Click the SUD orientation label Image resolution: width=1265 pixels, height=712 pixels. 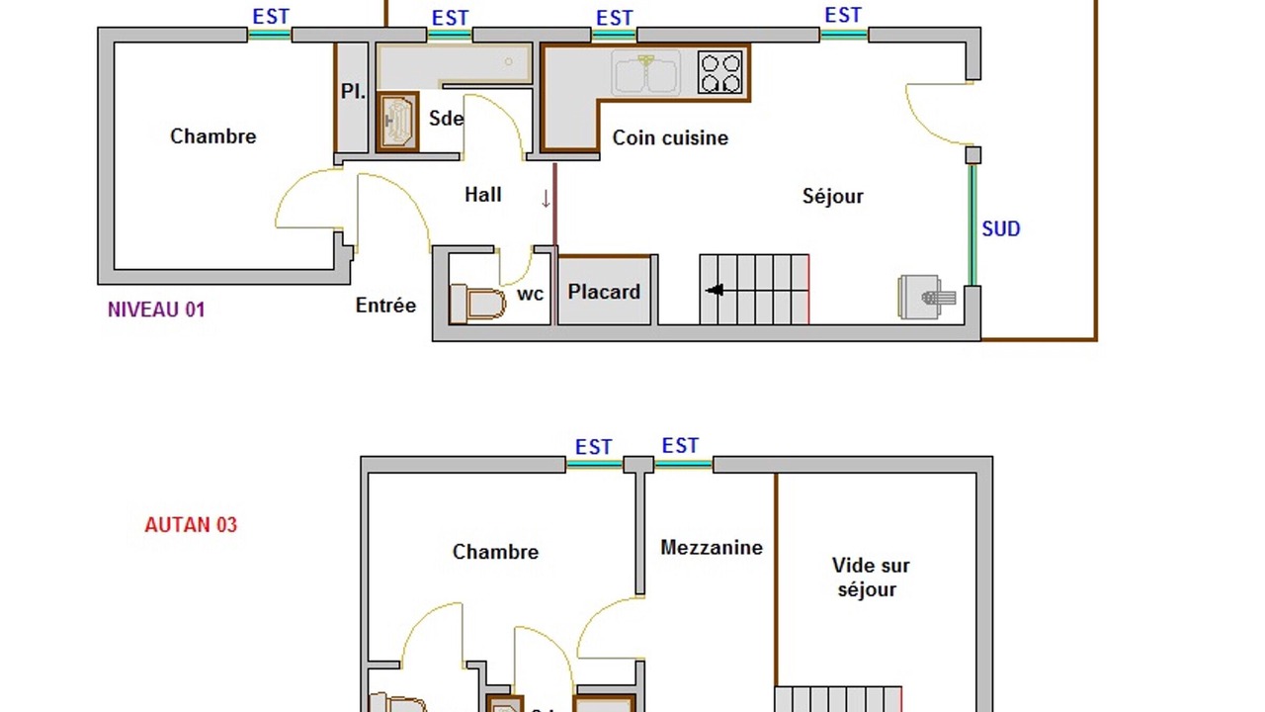click(1001, 228)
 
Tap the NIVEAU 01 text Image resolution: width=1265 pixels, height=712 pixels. click(156, 310)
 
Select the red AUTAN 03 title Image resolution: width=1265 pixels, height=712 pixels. click(191, 525)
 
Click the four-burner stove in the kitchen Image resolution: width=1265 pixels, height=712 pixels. click(720, 72)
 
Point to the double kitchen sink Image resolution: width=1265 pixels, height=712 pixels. click(645, 73)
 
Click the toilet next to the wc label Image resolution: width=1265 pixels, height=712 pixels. click(477, 304)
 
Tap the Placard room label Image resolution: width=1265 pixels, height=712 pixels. click(604, 292)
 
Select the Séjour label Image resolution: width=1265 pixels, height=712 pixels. click(833, 197)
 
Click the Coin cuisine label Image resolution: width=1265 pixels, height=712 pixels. click(670, 137)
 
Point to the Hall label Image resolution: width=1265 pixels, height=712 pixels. click(483, 195)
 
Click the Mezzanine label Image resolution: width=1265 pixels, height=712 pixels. click(712, 548)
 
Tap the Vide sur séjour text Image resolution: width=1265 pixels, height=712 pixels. click(871, 578)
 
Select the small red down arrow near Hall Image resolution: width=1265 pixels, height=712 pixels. click(546, 199)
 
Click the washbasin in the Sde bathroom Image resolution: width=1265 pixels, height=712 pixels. click(397, 122)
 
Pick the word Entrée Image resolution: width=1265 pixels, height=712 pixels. click(385, 306)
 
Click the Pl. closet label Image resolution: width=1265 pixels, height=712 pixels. click(353, 92)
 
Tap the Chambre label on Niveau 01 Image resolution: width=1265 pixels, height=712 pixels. click(212, 136)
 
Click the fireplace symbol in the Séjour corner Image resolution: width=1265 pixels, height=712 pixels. click(927, 298)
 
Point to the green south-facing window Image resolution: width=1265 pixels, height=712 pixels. click(972, 224)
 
